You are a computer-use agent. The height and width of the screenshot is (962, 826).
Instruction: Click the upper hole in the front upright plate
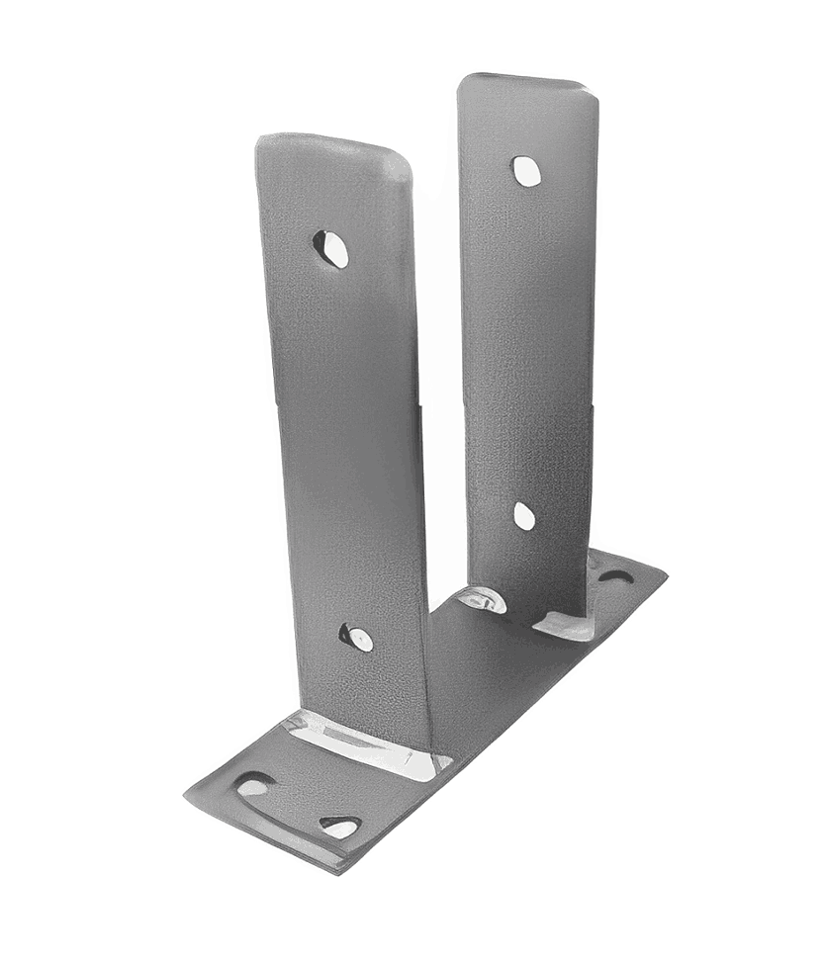coord(331,248)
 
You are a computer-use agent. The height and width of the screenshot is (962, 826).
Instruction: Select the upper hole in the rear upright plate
coord(525,171)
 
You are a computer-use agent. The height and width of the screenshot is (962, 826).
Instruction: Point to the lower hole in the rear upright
coord(523,515)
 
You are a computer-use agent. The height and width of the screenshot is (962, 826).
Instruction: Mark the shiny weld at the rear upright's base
coord(564,625)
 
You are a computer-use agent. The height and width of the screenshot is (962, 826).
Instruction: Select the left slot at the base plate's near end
coord(253,786)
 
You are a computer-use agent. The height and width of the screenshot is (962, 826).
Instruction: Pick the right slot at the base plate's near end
coord(339,826)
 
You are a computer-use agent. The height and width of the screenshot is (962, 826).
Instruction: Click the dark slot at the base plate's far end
coord(614,574)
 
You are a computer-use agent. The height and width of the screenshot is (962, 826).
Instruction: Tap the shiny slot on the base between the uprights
coord(482,599)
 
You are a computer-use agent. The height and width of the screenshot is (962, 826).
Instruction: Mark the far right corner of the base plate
coord(665,573)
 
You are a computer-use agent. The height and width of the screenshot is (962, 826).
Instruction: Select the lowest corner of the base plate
coord(341,870)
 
